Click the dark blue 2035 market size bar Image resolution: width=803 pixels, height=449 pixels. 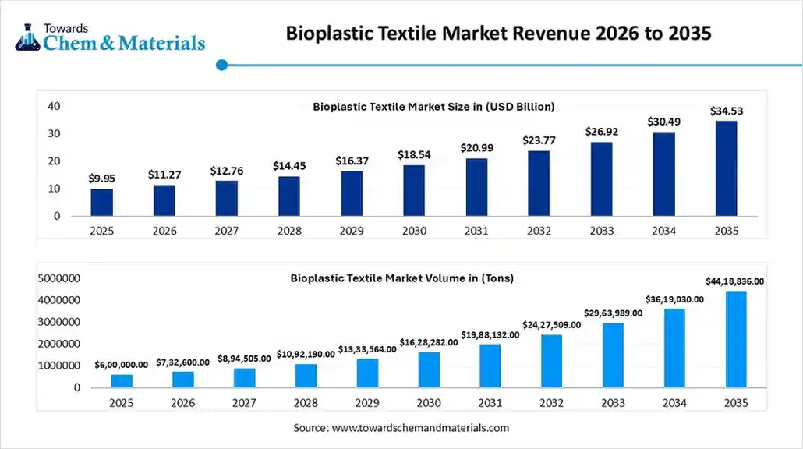click(x=726, y=168)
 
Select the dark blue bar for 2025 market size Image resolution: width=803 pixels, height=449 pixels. click(x=102, y=202)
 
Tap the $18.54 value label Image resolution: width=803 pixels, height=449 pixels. click(x=414, y=155)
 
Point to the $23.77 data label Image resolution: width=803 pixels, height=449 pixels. click(x=539, y=141)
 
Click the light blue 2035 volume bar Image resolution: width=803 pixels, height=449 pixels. click(x=736, y=339)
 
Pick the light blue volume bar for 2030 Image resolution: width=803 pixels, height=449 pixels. click(x=429, y=369)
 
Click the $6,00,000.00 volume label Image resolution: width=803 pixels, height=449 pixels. click(x=121, y=365)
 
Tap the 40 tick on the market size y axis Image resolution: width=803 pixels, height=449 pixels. click(x=54, y=106)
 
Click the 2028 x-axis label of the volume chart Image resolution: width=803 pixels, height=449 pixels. click(x=306, y=403)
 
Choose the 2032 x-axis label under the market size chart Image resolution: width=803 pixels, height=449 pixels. click(x=539, y=232)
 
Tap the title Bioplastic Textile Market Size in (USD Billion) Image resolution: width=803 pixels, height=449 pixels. click(x=433, y=107)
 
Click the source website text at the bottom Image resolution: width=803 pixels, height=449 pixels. click(x=401, y=428)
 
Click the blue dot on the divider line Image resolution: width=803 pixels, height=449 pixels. click(x=221, y=65)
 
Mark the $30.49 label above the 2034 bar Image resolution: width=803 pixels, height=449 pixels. click(x=663, y=122)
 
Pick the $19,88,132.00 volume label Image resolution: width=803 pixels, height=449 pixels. click(x=490, y=334)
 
